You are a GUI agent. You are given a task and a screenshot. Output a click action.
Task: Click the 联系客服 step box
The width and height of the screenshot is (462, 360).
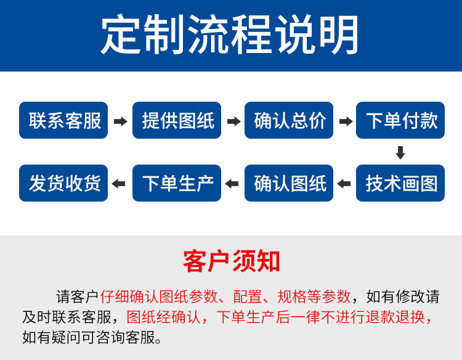pyautogui.click(x=63, y=120)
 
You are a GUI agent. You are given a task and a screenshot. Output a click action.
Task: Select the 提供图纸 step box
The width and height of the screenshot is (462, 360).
pyautogui.click(x=177, y=120)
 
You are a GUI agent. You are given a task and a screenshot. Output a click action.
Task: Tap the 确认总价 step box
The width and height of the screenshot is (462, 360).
pyautogui.click(x=289, y=120)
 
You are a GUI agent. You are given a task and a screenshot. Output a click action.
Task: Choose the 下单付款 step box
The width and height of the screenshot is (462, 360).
pyautogui.click(x=400, y=120)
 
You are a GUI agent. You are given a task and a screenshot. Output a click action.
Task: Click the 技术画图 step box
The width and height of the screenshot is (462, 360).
pyautogui.click(x=400, y=183)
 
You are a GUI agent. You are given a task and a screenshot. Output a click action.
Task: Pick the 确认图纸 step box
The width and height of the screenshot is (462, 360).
pyautogui.click(x=289, y=183)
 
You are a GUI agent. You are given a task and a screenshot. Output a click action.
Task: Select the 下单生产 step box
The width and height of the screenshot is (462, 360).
pyautogui.click(x=177, y=183)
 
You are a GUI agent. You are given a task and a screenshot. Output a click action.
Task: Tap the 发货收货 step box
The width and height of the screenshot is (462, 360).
pyautogui.click(x=63, y=183)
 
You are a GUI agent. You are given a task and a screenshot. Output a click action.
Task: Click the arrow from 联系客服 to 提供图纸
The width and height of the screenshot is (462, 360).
pyautogui.click(x=120, y=121)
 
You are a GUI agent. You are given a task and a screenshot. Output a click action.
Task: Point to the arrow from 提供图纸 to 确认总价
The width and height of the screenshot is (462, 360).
pyautogui.click(x=233, y=121)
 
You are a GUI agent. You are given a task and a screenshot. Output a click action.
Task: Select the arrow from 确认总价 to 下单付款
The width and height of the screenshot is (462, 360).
pyautogui.click(x=346, y=121)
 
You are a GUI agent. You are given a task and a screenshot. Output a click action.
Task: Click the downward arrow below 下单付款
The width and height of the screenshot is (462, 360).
pyautogui.click(x=400, y=152)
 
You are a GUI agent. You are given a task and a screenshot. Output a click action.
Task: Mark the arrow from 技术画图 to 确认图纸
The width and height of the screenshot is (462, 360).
pyautogui.click(x=344, y=184)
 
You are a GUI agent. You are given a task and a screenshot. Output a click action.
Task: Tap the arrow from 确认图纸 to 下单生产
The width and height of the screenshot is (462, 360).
pyautogui.click(x=232, y=184)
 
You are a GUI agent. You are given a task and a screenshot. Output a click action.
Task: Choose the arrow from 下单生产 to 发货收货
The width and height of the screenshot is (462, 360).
pyautogui.click(x=119, y=184)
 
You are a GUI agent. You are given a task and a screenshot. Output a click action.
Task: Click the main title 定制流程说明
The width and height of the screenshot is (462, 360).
pyautogui.click(x=230, y=35)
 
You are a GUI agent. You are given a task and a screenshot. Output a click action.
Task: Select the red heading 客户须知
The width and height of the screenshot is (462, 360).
pyautogui.click(x=231, y=261)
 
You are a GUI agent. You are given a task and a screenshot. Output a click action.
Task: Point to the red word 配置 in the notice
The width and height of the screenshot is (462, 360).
pyautogui.click(x=248, y=297)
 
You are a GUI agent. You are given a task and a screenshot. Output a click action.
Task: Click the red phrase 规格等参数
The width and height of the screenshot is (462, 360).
pyautogui.click(x=314, y=297)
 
